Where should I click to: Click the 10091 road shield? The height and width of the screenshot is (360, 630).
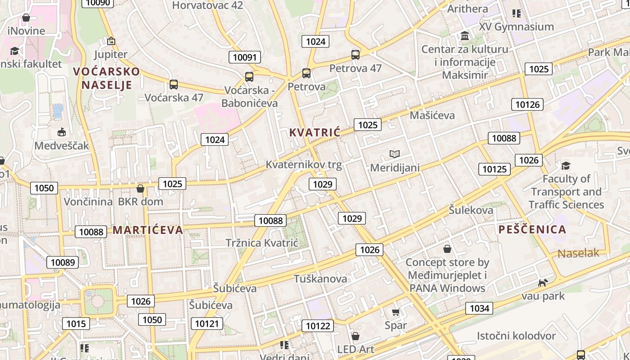(x=245, y=57)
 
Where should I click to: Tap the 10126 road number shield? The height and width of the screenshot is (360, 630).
(x=527, y=104)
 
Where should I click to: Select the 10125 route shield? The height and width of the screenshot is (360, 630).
(x=494, y=169)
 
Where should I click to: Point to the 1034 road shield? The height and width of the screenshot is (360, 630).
(x=479, y=308)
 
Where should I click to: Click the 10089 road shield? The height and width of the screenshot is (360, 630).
(x=63, y=262)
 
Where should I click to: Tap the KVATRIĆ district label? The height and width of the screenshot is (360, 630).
(x=315, y=132)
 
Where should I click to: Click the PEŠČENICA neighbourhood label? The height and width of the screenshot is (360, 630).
(x=532, y=229)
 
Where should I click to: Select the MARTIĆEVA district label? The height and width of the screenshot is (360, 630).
(x=148, y=230)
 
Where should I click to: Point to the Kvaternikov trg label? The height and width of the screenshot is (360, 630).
(x=304, y=165)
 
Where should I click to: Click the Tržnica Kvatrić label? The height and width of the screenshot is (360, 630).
(x=262, y=243)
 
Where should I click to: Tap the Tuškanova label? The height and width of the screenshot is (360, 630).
(x=320, y=279)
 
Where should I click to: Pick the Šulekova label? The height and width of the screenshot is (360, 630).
(x=471, y=210)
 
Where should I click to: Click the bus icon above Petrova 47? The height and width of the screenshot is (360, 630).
(x=355, y=55)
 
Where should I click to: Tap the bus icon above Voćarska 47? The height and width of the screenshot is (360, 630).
(x=174, y=84)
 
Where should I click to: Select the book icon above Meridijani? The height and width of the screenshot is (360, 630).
(x=395, y=154)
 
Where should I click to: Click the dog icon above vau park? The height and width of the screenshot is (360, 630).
(x=543, y=283)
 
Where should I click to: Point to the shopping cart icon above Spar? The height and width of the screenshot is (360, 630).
(x=396, y=312)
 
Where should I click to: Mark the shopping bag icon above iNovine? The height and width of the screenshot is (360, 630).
(x=26, y=18)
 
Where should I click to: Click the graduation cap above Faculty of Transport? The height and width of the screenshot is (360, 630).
(x=566, y=166)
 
